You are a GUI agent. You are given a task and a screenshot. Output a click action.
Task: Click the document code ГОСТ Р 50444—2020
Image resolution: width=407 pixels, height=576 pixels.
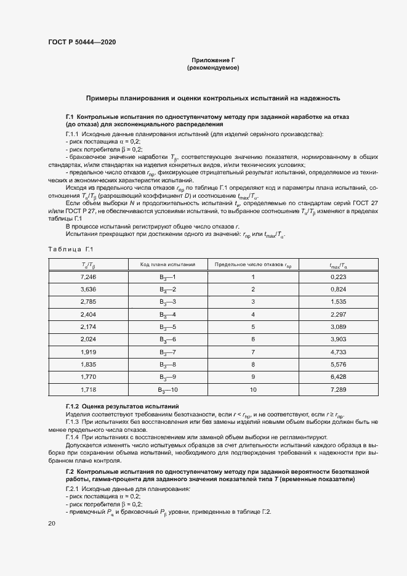[82, 42]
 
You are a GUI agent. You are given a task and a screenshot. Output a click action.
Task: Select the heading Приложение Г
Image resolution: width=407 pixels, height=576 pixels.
[213, 60]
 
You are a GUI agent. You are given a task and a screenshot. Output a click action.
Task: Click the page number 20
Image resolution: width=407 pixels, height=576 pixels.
[51, 524]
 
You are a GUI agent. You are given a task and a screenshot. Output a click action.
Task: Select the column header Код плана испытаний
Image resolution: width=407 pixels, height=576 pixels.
[167, 264]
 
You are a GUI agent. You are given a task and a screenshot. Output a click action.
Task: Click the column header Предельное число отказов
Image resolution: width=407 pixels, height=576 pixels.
[252, 264]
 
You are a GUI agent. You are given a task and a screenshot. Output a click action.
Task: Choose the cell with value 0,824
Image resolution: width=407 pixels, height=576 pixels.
[339, 290]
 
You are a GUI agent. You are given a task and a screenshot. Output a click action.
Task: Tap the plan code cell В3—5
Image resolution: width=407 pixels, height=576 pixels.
[168, 327]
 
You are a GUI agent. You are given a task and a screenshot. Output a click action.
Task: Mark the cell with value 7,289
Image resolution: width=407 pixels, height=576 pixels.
[339, 390]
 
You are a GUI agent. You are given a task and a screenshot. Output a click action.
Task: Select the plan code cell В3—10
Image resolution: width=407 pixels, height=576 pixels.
[168, 390]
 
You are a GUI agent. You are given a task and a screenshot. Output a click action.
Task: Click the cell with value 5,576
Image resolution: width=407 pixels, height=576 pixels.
[339, 365]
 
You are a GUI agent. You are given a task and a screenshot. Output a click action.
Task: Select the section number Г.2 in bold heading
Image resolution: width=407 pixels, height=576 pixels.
[70, 471]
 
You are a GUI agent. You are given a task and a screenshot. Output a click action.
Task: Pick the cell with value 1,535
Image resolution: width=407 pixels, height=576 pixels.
[339, 302]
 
